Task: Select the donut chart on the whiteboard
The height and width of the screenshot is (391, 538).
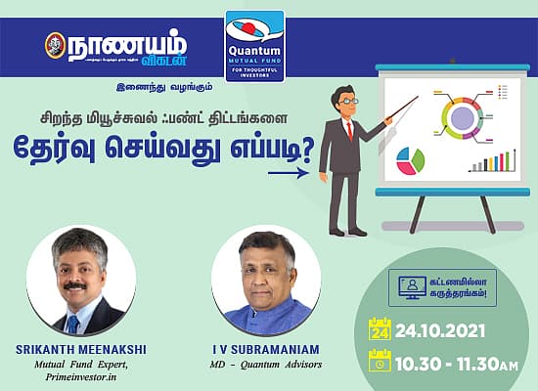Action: click(x=462, y=118)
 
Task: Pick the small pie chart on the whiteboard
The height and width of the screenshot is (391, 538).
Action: click(x=414, y=159)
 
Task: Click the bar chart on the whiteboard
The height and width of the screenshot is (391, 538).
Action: click(x=489, y=160)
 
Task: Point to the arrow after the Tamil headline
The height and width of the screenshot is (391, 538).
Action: click(x=288, y=173)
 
